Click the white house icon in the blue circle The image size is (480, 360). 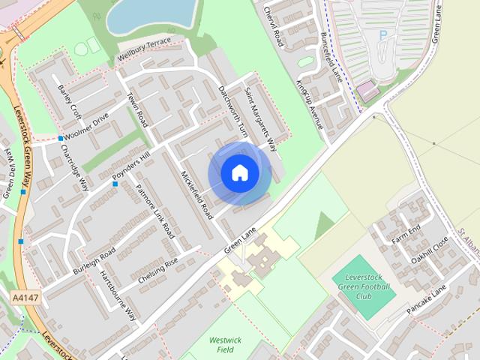point(239,172)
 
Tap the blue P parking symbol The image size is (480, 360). point(383,34)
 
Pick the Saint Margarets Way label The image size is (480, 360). point(260,119)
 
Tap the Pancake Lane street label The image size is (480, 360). point(428,296)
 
